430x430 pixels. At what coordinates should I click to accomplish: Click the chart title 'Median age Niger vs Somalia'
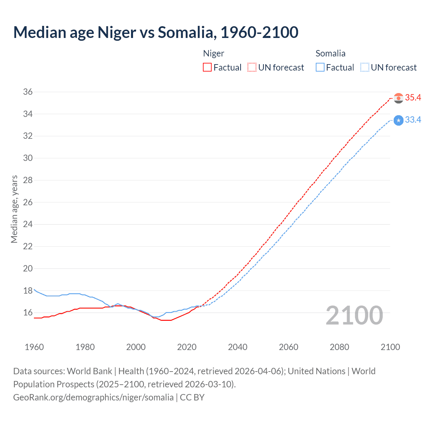156,32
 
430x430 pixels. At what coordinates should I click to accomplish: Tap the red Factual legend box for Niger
207,68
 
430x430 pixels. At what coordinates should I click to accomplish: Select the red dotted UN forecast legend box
252,68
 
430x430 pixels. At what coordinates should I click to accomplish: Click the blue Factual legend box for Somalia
320,68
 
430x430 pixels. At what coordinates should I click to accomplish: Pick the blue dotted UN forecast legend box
364,68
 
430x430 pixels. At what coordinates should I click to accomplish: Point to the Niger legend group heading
214,53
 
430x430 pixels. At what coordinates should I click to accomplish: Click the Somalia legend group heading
330,53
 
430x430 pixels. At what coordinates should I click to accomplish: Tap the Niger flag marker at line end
398,98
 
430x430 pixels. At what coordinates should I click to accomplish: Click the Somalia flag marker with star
398,120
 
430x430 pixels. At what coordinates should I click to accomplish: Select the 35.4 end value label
413,98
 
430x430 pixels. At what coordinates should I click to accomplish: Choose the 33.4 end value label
413,120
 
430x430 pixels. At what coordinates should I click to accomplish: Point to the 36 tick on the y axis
28,92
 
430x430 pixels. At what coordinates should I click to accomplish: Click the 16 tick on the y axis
28,313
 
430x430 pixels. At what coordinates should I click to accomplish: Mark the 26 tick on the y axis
28,202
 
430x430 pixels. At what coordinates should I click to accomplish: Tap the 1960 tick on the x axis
34,347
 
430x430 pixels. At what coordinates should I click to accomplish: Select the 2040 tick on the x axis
238,347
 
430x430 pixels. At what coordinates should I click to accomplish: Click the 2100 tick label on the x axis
390,347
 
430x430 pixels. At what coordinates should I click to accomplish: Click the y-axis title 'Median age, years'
14,209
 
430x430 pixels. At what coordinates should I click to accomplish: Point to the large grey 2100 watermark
354,315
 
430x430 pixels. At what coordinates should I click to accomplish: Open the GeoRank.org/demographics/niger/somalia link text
93,397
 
